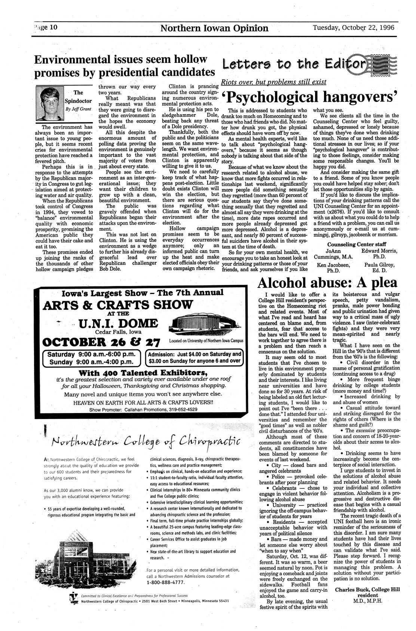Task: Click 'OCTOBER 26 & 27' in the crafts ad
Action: click(x=102, y=342)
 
